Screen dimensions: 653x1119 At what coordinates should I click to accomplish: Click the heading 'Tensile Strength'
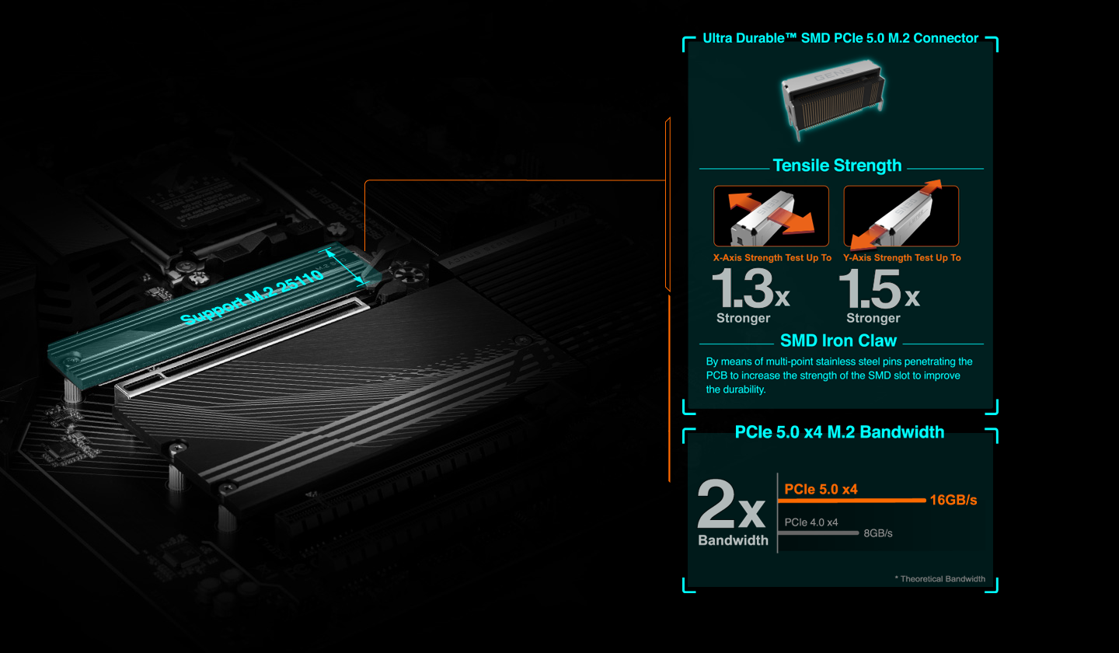[x=837, y=166]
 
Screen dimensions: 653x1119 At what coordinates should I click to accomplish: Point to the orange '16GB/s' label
[x=953, y=500]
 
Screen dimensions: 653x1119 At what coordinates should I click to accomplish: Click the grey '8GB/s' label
[x=878, y=533]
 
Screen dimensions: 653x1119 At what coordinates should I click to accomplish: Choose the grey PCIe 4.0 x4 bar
[x=821, y=533]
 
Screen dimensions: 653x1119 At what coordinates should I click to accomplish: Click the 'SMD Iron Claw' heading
[x=838, y=340]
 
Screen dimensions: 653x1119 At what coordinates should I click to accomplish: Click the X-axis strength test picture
[x=771, y=216]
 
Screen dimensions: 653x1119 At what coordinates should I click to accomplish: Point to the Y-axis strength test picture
[x=901, y=216]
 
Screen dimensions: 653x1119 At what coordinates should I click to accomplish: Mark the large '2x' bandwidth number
[x=732, y=507]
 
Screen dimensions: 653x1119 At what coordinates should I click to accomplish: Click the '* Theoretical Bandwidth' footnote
[x=939, y=579]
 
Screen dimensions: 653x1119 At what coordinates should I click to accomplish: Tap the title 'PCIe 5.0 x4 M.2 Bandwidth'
[x=839, y=432]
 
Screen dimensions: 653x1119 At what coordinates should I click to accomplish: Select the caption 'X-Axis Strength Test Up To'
[x=772, y=257]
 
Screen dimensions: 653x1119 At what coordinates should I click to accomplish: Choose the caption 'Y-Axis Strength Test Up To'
[x=901, y=257]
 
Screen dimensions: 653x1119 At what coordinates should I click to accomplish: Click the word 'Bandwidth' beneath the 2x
[x=733, y=541]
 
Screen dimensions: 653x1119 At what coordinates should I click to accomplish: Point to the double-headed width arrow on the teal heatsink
[x=345, y=266]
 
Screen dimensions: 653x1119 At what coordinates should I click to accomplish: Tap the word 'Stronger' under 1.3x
[x=743, y=318]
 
